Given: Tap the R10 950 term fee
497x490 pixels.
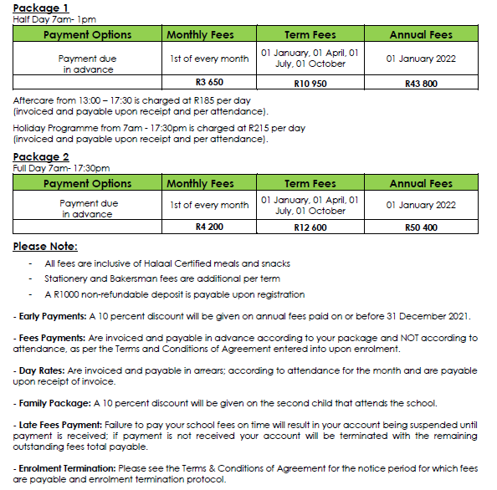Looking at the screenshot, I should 310,83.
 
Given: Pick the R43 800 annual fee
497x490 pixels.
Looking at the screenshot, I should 421,83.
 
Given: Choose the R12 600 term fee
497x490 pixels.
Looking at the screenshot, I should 310,227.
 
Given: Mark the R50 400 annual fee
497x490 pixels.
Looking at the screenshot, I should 421,227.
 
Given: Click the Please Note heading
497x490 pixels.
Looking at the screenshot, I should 45,246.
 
